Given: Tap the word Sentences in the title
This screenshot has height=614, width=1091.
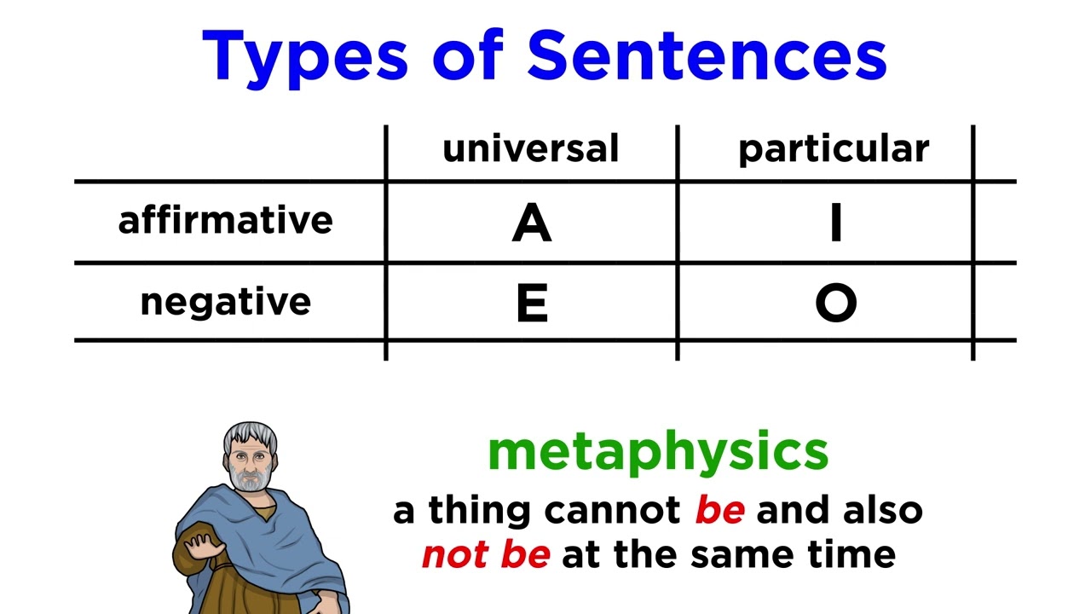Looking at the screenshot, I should tap(707, 56).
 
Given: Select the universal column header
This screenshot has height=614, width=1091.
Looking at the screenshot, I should tap(530, 149).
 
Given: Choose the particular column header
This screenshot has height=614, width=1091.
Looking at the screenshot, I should tap(833, 150).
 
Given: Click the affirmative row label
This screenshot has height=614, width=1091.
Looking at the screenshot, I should tap(225, 220).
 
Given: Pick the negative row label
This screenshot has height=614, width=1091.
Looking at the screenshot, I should tap(225, 302).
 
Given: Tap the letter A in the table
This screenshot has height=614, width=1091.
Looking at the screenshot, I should tap(532, 223).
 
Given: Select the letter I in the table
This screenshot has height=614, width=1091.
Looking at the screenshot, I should tap(835, 223).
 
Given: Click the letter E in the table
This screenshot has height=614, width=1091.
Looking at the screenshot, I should tap(532, 304).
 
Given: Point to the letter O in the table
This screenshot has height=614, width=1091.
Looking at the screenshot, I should tap(835, 304).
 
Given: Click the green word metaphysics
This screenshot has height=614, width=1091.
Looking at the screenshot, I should tap(657, 452).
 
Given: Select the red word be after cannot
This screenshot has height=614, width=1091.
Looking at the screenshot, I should tap(719, 510).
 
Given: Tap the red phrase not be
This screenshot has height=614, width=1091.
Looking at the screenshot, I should tap(486, 555).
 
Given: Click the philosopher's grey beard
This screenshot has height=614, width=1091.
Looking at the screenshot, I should tap(250, 479).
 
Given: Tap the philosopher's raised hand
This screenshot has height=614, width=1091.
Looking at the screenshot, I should tap(198, 546).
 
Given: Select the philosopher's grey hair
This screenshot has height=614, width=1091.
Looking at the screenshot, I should tap(250, 432).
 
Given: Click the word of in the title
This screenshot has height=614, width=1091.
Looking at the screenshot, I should tap(472, 56).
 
